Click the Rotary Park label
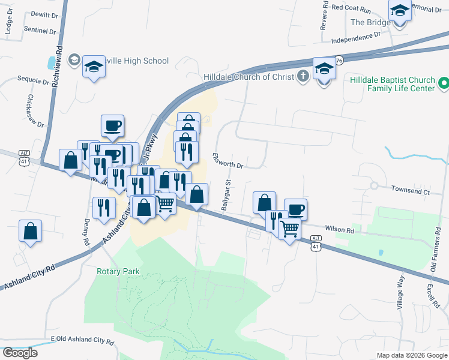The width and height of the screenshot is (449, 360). (118, 271)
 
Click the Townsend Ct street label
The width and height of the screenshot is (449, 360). (411, 192)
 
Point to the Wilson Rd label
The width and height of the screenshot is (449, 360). (340, 229)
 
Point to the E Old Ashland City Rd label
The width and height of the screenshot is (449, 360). (82, 340)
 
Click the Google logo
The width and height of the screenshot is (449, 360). (20, 352)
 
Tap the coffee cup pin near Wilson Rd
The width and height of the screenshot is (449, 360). (295, 209)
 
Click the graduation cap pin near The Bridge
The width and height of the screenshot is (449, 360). (400, 11)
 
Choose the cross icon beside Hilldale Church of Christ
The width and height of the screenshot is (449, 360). (303, 76)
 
